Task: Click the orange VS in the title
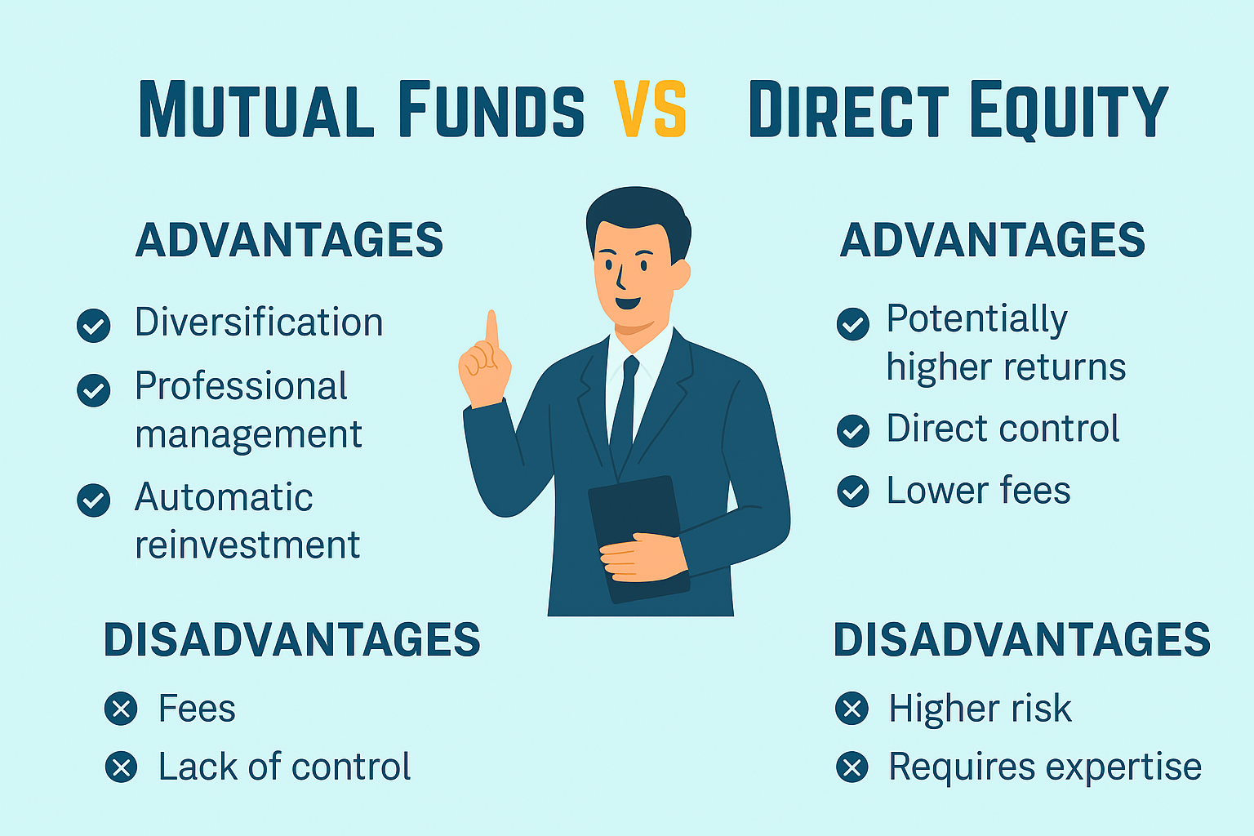[651, 109]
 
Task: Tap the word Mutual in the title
[256, 109]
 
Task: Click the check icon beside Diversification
[94, 325]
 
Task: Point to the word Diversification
[259, 322]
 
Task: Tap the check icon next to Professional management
[94, 390]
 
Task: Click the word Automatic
[224, 496]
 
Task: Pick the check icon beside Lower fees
[853, 491]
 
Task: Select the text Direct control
[1003, 429]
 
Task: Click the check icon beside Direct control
[853, 430]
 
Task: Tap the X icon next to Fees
[121, 709]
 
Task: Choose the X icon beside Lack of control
[121, 767]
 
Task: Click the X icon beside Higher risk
[852, 709]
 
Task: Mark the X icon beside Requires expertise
[852, 767]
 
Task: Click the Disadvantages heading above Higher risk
[1021, 639]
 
